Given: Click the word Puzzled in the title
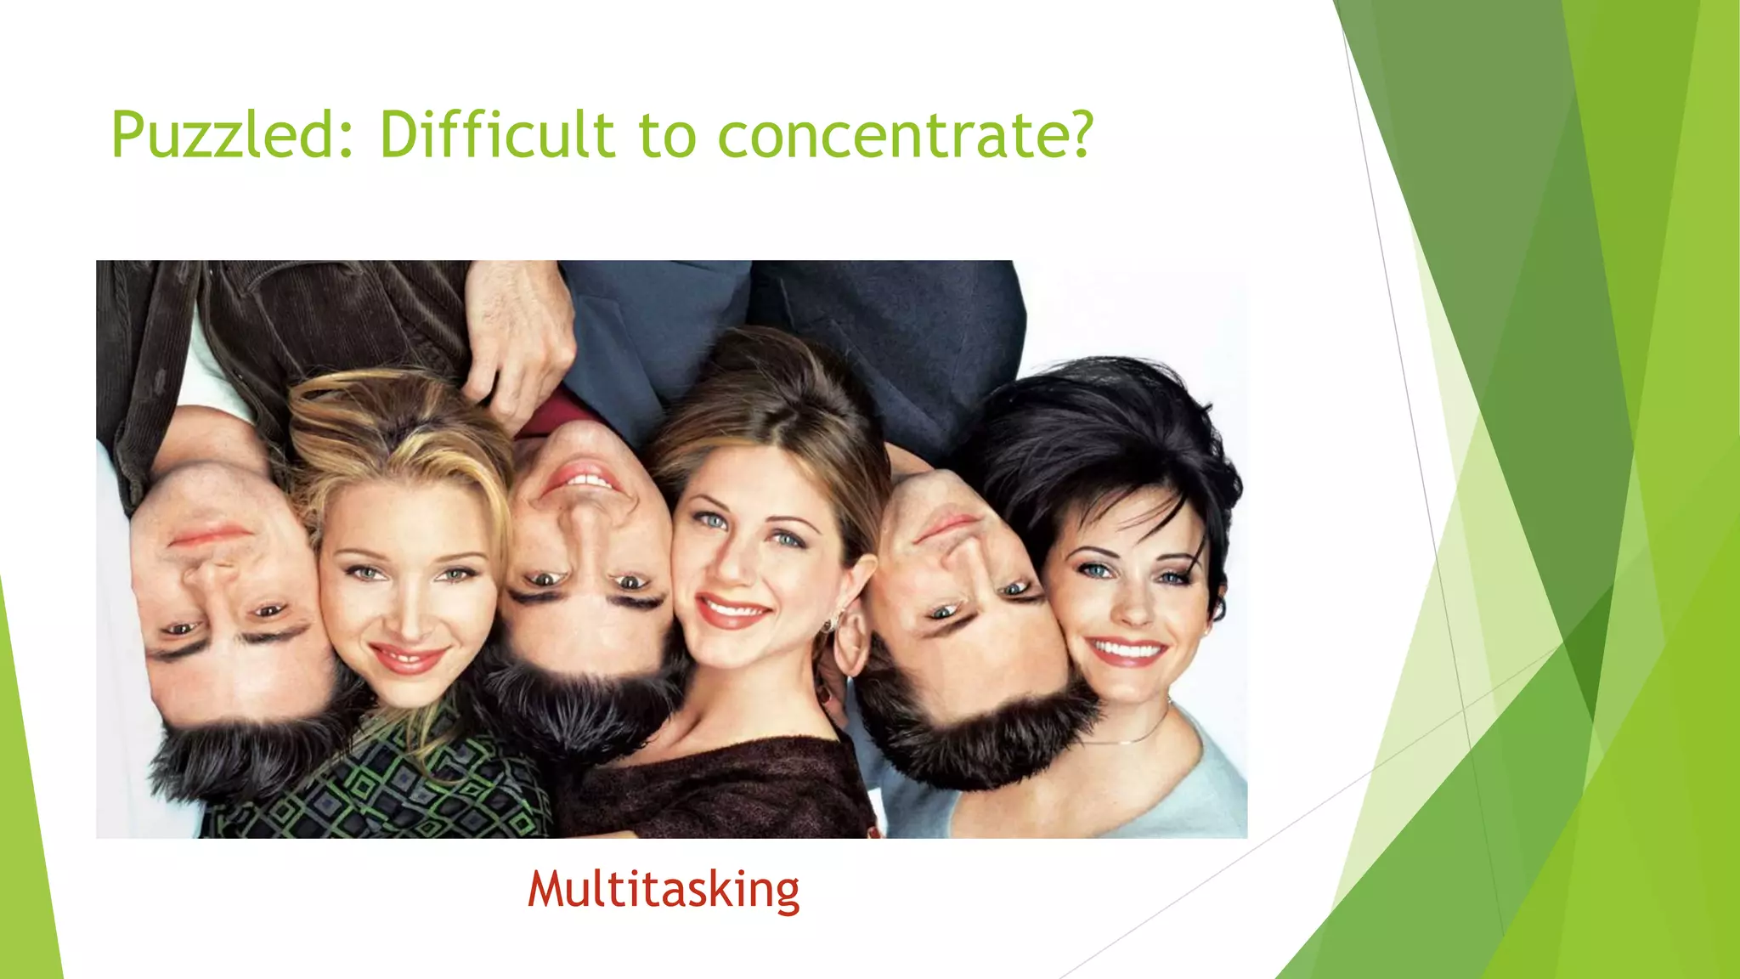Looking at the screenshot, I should (223, 135).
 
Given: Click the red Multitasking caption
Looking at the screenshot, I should (664, 889).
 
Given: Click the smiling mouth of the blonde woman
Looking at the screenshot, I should (408, 659).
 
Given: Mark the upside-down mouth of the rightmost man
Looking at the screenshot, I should (947, 527).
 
